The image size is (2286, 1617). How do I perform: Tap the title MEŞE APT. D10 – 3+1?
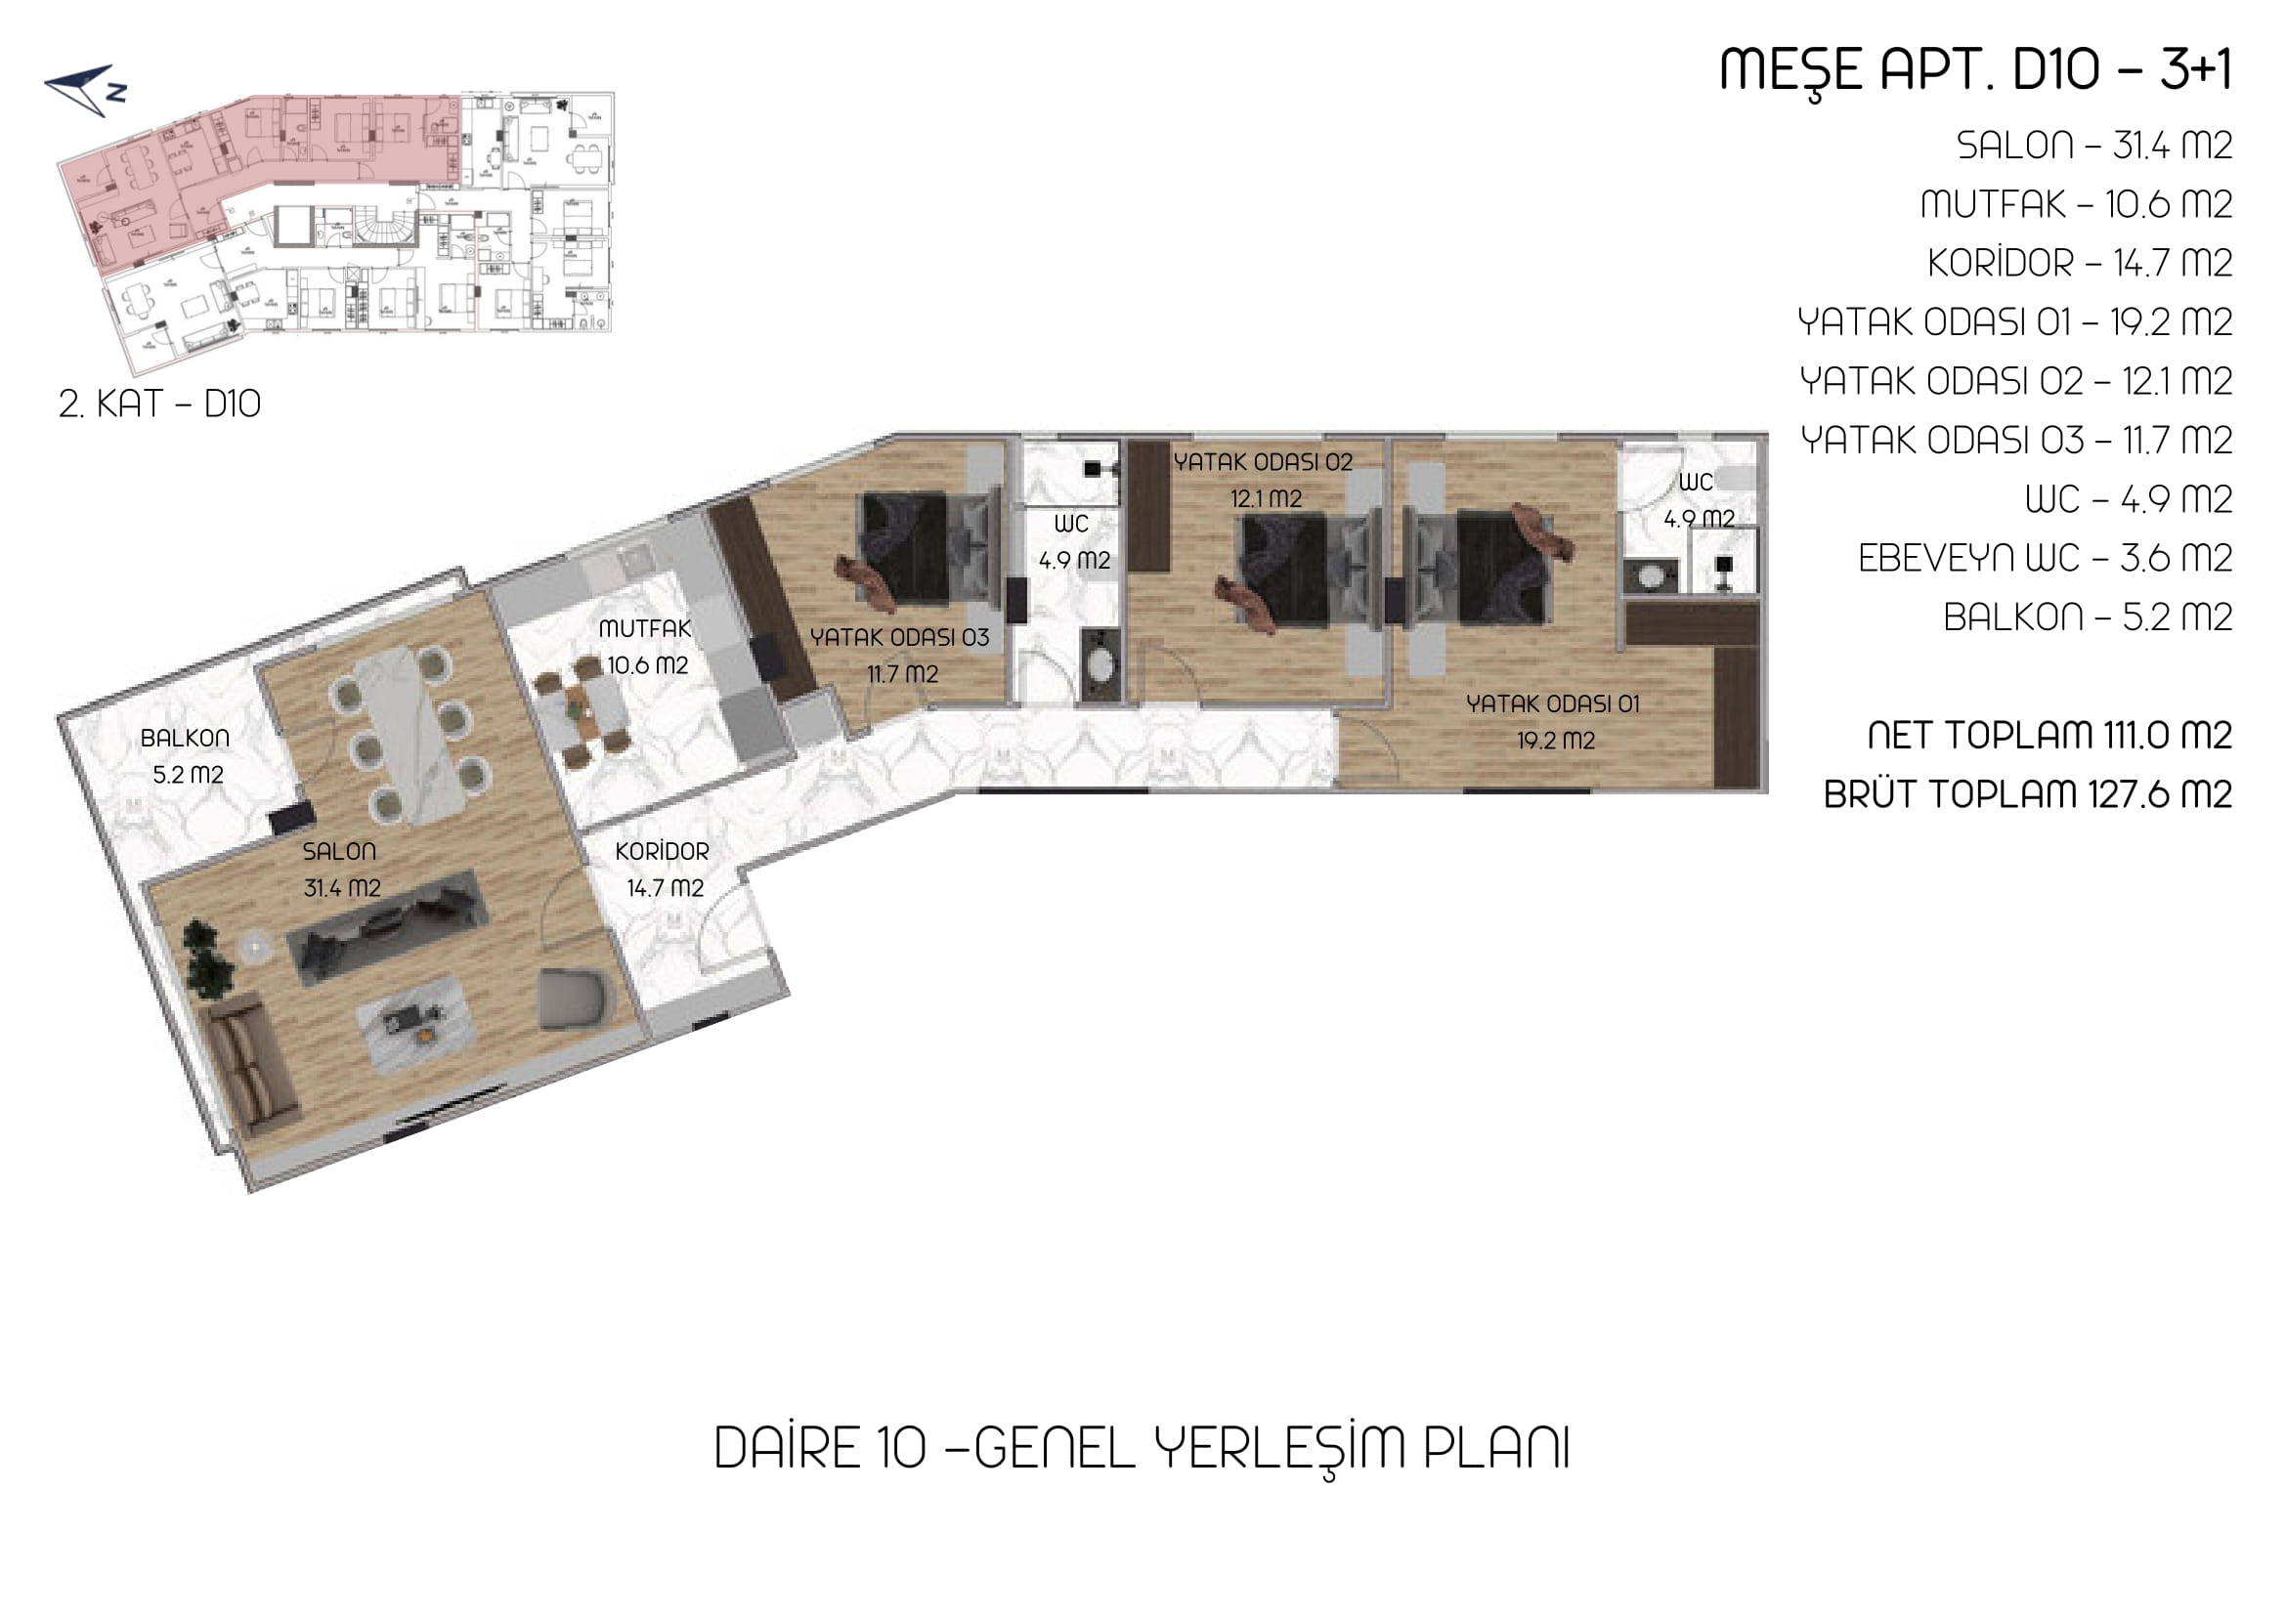(x=1975, y=70)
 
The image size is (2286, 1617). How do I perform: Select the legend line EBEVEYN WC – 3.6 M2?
(x=2045, y=559)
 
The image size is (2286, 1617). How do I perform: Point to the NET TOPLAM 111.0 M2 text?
(x=2049, y=736)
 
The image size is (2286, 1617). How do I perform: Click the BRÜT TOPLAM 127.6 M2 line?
(x=2027, y=794)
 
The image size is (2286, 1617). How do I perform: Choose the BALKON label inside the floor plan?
(x=186, y=739)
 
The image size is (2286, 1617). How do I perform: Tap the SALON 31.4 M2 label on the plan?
(x=341, y=870)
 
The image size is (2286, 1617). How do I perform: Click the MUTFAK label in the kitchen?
(x=645, y=629)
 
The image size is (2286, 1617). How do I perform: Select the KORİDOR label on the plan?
(x=663, y=852)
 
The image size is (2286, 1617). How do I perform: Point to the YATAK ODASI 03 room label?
(x=899, y=638)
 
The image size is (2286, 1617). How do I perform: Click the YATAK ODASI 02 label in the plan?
(x=1263, y=463)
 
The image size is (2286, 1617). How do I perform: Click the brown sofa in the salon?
(x=253, y=1064)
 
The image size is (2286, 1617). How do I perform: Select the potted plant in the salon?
(x=208, y=957)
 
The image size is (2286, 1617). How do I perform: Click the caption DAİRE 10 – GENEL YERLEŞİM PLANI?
(x=1143, y=1450)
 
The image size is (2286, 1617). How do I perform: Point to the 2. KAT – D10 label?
(x=159, y=404)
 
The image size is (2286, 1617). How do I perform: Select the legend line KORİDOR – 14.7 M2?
(x=2080, y=264)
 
